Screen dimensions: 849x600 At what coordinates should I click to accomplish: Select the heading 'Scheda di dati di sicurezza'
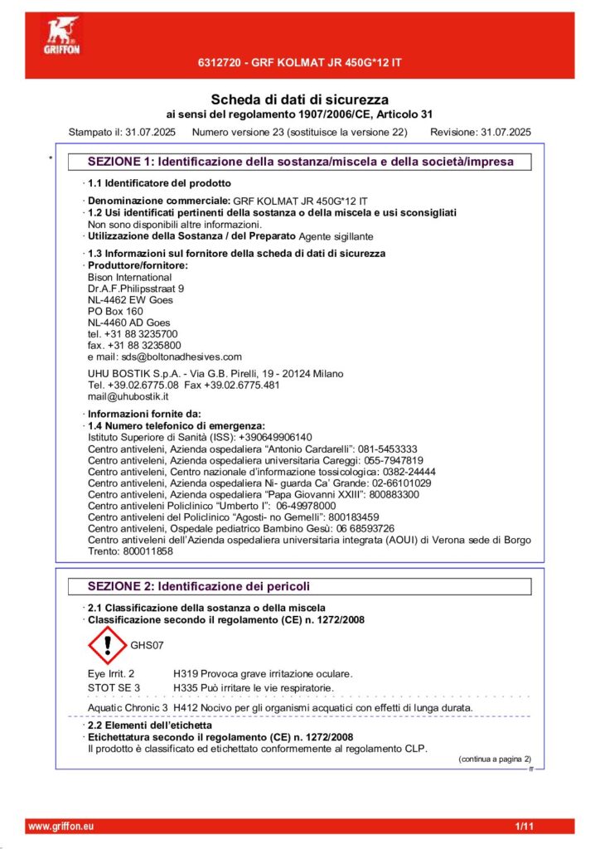[299, 99]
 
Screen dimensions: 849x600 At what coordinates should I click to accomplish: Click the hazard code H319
[186, 673]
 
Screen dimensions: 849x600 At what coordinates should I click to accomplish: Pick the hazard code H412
[186, 707]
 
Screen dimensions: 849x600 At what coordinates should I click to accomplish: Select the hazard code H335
[186, 687]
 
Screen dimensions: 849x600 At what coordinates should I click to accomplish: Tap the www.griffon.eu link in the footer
[61, 827]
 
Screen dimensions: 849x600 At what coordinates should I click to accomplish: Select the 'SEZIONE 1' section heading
[300, 162]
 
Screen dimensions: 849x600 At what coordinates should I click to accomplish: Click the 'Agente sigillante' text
[336, 236]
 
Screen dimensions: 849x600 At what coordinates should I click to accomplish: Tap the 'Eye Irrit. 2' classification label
[111, 673]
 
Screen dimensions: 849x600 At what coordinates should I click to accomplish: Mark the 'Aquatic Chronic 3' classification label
[128, 707]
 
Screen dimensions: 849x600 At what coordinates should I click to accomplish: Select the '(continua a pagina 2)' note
[495, 759]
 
